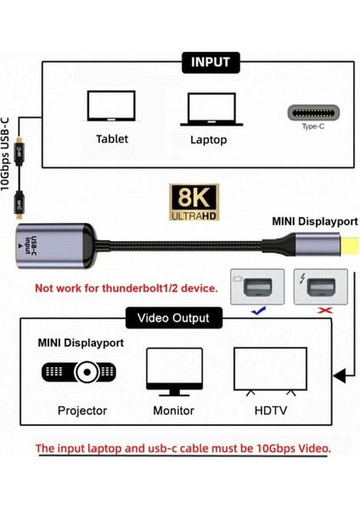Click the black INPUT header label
tap(210, 62)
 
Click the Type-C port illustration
tap(313, 113)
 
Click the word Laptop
tap(209, 139)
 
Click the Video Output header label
tap(174, 318)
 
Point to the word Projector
tap(82, 411)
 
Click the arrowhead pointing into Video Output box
tap(338, 372)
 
